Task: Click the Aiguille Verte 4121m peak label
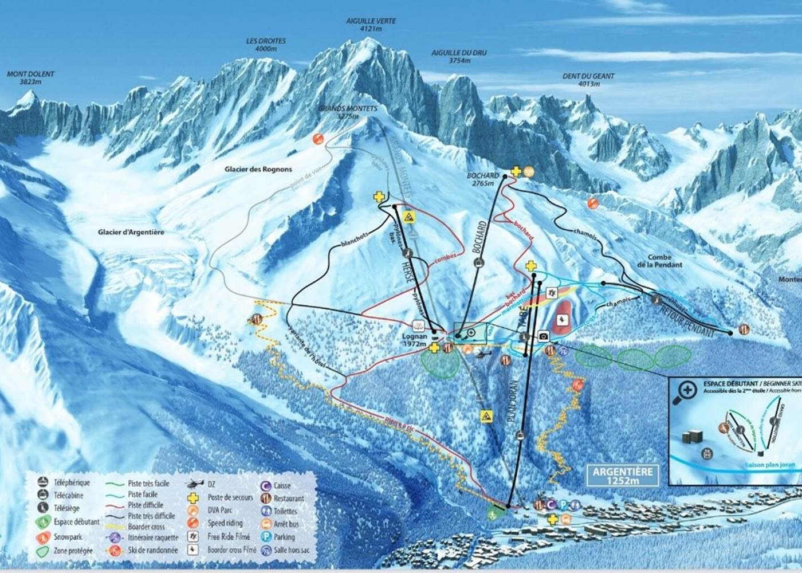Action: (371, 25)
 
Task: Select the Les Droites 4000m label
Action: (266, 45)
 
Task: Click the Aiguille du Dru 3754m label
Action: (459, 56)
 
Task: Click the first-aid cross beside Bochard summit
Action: (516, 171)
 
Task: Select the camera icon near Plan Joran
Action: (544, 336)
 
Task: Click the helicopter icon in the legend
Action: (195, 484)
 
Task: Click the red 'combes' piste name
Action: (447, 258)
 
